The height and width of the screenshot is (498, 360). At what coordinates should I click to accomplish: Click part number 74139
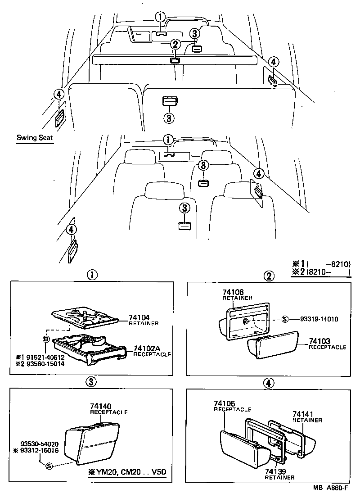[274, 471]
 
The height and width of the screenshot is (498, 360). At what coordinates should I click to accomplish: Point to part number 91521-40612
[45, 357]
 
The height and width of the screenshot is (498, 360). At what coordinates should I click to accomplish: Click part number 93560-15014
[45, 364]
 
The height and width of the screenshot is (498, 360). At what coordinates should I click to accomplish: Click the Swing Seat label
[35, 138]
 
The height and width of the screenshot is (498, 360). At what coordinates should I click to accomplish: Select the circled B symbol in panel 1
[46, 340]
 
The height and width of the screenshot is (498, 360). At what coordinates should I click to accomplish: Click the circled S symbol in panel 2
[284, 319]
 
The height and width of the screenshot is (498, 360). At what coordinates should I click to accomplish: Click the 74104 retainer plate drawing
[85, 317]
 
